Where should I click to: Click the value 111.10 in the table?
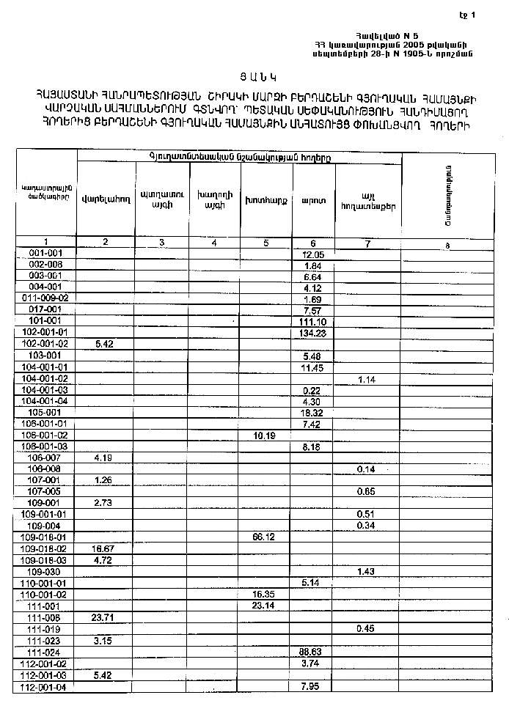click(312, 322)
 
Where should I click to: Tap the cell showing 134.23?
click(312, 333)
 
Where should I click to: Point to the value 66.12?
click(264, 537)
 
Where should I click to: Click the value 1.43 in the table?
click(365, 571)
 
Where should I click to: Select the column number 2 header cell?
click(106, 242)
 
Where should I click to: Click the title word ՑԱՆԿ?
click(254, 76)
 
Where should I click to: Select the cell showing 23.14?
click(264, 606)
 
